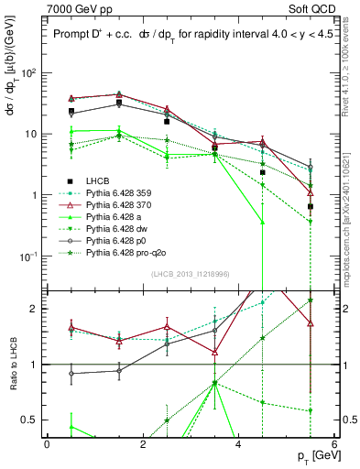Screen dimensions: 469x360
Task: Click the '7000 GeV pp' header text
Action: coord(76,8)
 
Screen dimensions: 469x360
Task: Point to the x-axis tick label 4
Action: coord(239,443)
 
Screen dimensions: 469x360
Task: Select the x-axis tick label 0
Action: coord(47,443)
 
